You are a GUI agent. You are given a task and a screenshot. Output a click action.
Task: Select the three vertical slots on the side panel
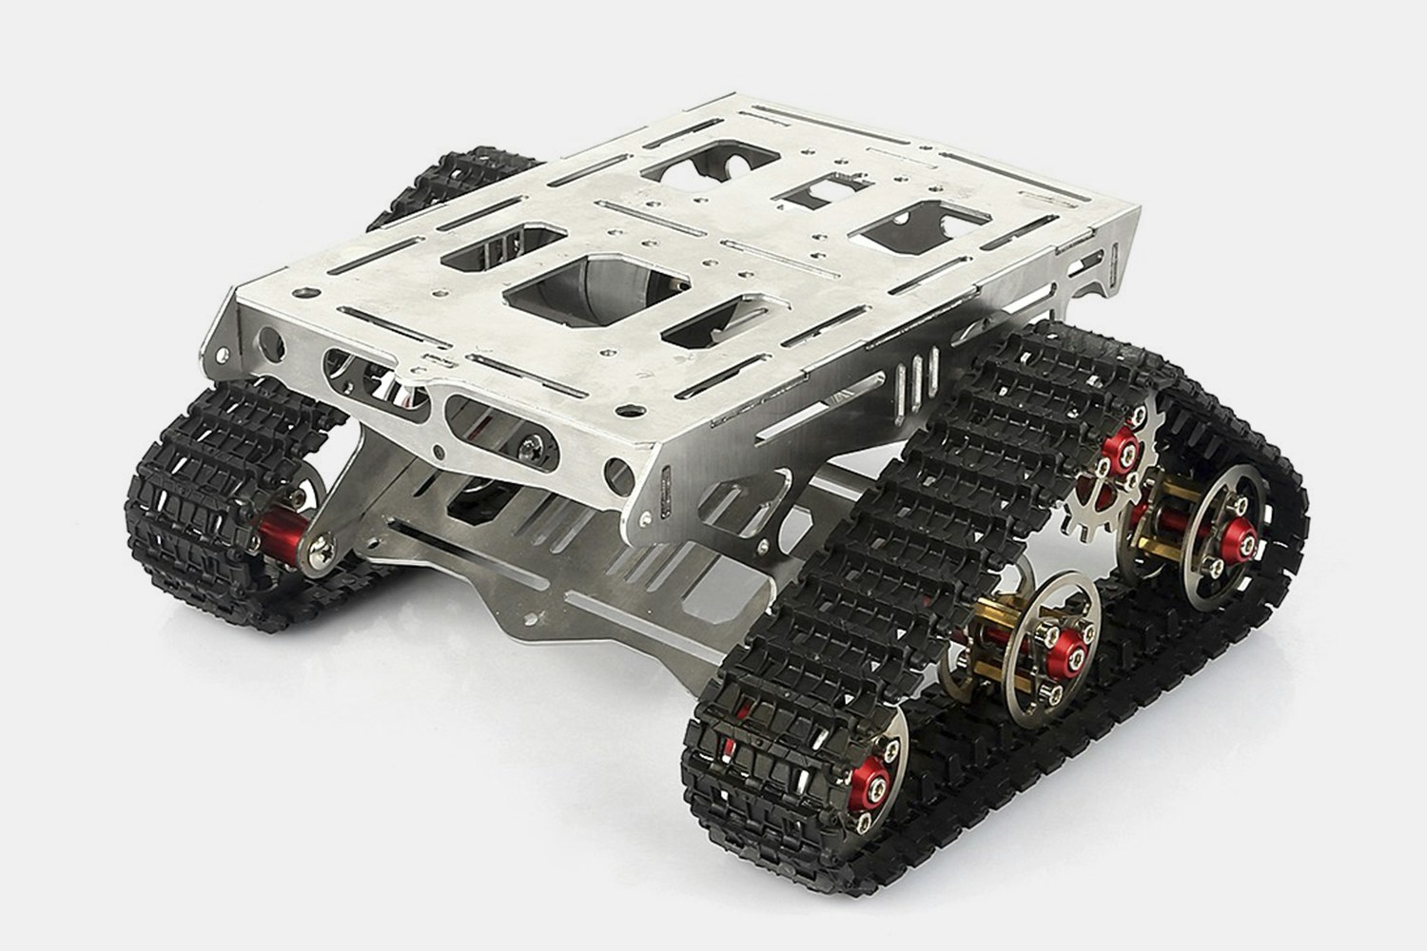coord(914,377)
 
